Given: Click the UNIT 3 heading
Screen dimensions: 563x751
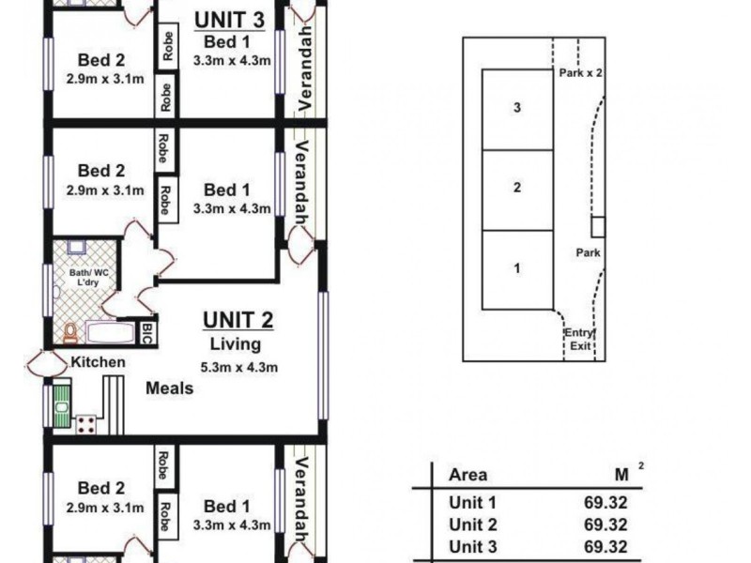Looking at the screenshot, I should coord(228,19).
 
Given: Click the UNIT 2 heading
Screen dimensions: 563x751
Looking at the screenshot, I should coord(238,321).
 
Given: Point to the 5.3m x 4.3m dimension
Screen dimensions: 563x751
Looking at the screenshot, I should coord(238,367).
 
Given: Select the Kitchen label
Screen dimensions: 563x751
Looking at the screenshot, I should coord(99,362).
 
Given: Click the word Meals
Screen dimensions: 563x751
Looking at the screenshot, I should coord(170,388).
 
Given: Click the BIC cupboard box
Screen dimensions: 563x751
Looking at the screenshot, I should coord(147,332).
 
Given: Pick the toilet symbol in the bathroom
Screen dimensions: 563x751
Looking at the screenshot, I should coord(70,332).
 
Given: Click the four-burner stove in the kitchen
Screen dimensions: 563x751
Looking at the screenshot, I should coord(86,422).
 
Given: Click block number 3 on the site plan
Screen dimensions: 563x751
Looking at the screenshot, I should coord(517,108).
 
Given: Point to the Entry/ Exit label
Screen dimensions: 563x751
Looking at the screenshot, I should coord(578,340).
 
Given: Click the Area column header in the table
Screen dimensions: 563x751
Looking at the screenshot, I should coord(468,476).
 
